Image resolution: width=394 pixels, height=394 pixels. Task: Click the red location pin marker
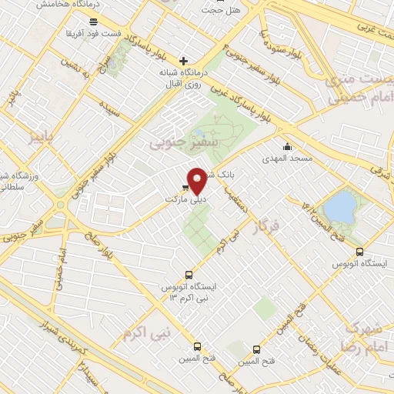pyautogui.click(x=197, y=181)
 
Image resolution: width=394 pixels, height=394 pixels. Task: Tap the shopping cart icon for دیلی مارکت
pyautogui.click(x=185, y=187)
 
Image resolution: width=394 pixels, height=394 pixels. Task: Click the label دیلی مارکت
pyautogui.click(x=185, y=199)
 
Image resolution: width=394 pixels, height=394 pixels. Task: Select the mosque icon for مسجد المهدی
pyautogui.click(x=288, y=147)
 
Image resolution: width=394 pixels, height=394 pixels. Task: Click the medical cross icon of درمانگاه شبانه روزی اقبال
pyautogui.click(x=183, y=61)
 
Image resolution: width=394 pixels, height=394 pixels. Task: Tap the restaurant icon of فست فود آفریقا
pyautogui.click(x=94, y=22)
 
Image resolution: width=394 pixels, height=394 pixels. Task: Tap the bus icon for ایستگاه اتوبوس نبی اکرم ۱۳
pyautogui.click(x=189, y=275)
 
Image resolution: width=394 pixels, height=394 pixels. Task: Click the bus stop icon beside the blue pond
pyautogui.click(x=359, y=252)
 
